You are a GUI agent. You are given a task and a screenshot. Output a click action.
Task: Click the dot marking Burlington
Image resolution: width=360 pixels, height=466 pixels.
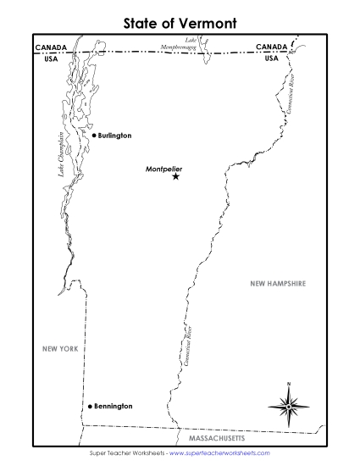(x=94, y=136)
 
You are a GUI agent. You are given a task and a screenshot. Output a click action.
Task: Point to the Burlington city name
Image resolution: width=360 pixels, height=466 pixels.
(x=114, y=136)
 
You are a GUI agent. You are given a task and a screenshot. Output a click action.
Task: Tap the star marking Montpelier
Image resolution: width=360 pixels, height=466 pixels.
(x=176, y=176)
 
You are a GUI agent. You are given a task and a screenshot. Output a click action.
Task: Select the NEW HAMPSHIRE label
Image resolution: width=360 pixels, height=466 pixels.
(x=277, y=283)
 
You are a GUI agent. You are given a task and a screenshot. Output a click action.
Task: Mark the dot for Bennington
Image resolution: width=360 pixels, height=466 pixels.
(x=87, y=408)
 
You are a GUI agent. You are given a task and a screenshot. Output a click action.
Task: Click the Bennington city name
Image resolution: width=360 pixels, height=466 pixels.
(x=112, y=407)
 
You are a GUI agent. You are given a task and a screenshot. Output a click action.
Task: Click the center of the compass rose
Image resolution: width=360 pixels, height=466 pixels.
(x=289, y=407)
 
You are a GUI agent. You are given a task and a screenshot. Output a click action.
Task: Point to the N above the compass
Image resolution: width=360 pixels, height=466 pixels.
(x=289, y=386)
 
